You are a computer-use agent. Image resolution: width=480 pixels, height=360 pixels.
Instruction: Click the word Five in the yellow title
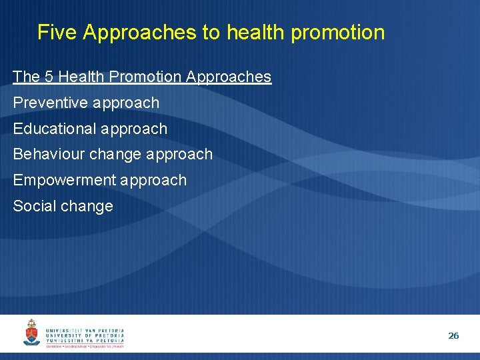point(57,33)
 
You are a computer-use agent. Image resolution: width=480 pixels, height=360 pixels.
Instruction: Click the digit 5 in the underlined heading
point(49,77)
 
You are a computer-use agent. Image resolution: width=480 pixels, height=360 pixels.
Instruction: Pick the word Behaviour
point(48,154)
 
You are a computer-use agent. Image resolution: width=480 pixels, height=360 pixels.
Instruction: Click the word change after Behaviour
point(115,154)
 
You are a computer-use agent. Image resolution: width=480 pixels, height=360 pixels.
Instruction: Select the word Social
point(34,206)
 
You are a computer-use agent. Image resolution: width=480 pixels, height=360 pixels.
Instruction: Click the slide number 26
point(453,336)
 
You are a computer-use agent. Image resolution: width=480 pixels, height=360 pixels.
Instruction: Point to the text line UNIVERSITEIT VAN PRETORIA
point(85,330)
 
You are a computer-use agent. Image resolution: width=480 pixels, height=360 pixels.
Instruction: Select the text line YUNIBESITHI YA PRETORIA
point(85,341)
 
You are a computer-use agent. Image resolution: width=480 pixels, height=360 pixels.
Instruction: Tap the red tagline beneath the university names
point(85,347)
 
